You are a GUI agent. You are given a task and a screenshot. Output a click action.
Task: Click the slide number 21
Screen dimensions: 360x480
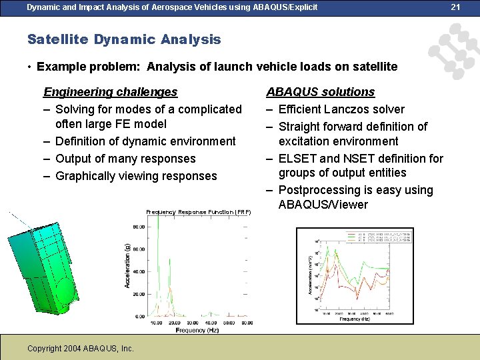coord(456,7)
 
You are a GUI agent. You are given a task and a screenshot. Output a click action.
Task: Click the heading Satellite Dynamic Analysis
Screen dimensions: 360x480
coord(124,39)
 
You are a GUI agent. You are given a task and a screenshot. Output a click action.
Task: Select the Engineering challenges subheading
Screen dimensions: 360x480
coord(110,92)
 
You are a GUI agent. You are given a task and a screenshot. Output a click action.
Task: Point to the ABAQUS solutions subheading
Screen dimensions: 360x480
coord(321,92)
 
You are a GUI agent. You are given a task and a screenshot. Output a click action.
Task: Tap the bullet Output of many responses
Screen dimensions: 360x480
coord(125,159)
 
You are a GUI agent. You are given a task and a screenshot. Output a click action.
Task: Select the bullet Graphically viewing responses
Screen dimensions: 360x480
coord(136,176)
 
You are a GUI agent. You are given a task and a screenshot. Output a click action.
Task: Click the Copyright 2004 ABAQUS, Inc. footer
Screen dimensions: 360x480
coord(81,349)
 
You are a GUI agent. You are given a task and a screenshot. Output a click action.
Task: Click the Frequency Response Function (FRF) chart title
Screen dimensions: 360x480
coord(199,212)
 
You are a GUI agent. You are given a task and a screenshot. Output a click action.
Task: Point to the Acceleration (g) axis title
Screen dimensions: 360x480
coord(127,265)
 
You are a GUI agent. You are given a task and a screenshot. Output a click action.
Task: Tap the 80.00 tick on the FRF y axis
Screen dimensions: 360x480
coord(139,227)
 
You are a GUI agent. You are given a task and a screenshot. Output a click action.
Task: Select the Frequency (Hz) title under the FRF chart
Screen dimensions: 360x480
coord(197,331)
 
